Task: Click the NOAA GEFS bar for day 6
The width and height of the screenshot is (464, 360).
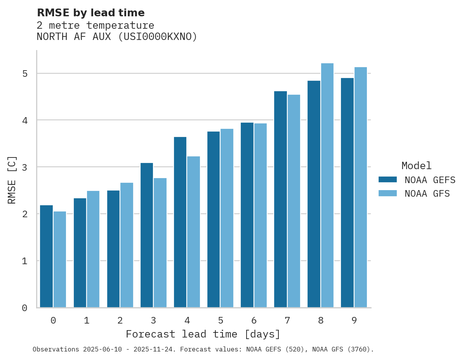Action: (247, 215)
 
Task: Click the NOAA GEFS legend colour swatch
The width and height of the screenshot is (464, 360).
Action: (388, 180)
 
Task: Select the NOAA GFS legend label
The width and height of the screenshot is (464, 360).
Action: (427, 194)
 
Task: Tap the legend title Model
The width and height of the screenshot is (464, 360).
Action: (416, 166)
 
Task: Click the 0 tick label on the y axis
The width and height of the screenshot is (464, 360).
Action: (24, 308)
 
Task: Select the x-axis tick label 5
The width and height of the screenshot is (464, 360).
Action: (221, 320)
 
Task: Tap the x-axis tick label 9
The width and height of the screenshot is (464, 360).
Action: (354, 320)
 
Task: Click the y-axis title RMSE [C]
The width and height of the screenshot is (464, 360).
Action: (12, 180)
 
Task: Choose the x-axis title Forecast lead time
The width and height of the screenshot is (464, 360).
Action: (203, 334)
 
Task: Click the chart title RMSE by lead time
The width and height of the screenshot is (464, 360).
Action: (90, 13)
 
